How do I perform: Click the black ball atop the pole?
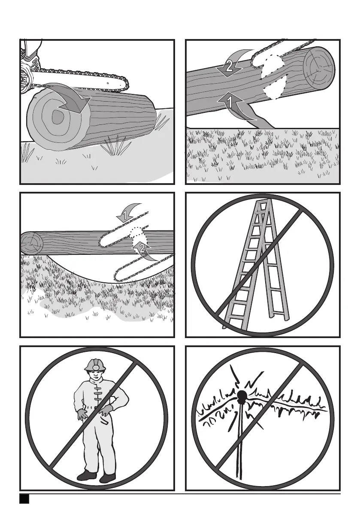242,396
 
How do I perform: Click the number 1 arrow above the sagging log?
129,212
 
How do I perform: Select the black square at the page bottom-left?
24,499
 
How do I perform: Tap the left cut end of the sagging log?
32,243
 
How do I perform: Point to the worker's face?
94,375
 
